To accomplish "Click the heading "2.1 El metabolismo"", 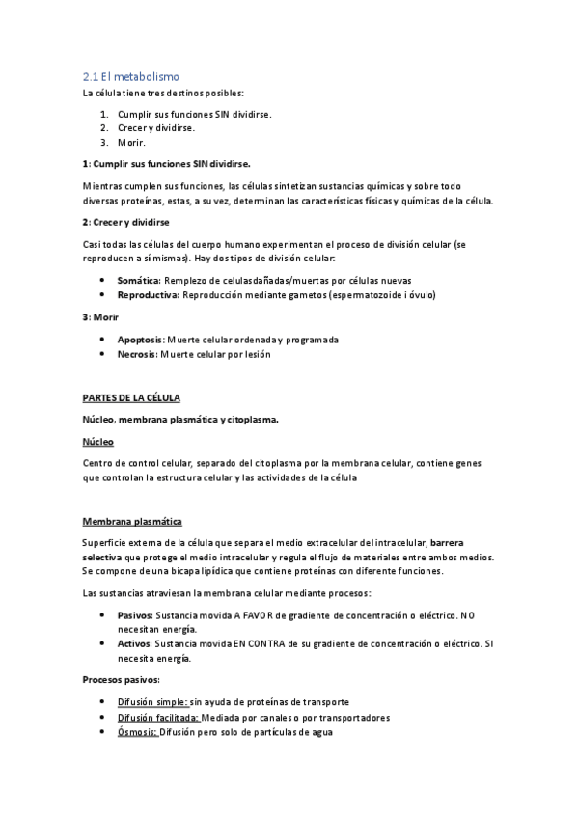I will click(x=131, y=76).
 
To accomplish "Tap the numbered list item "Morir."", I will click(x=131, y=142).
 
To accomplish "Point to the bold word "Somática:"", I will click(x=137, y=280).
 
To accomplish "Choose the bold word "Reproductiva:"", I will click(x=147, y=294).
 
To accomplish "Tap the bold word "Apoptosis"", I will click(x=140, y=340).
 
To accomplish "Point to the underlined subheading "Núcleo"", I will click(x=97, y=441).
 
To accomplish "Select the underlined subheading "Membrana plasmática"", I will click(x=131, y=521).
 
